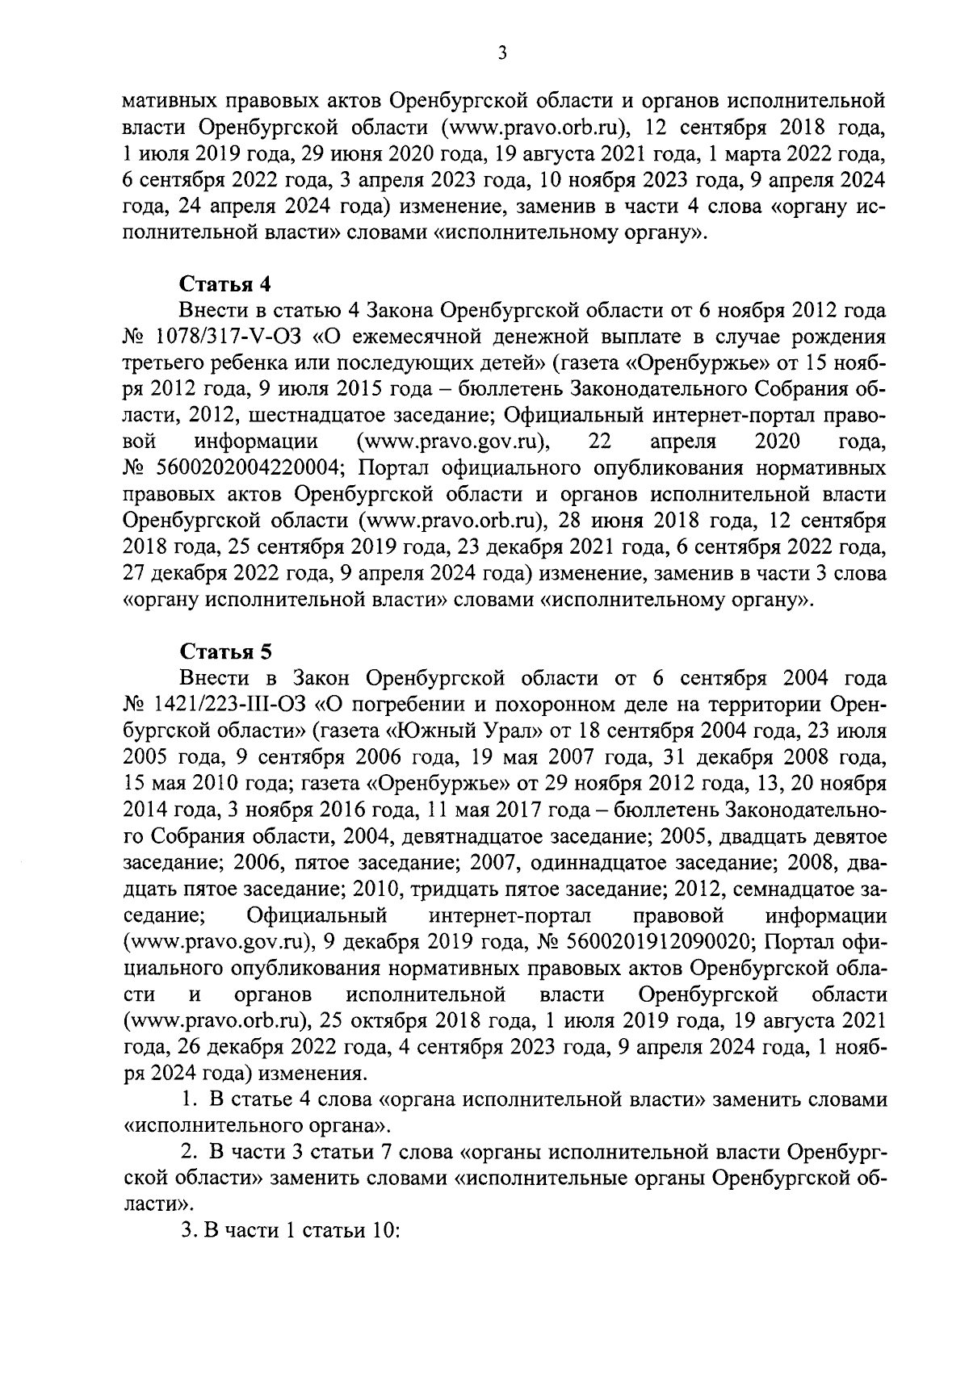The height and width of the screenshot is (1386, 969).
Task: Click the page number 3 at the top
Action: (501, 54)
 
